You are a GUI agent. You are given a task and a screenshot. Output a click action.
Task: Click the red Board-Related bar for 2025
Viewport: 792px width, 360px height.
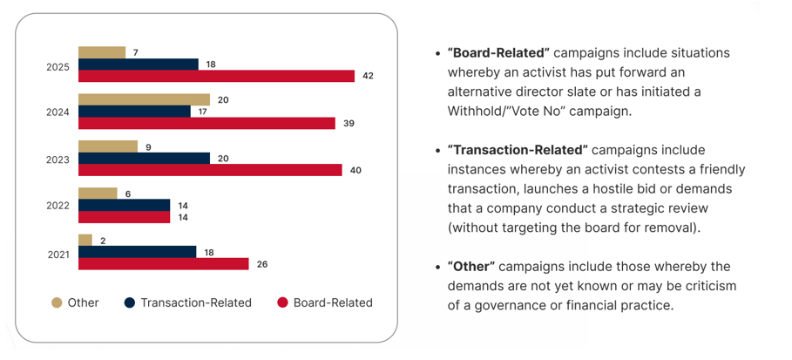point(216,77)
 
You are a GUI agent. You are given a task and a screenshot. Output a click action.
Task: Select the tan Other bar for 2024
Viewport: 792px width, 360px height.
point(144,99)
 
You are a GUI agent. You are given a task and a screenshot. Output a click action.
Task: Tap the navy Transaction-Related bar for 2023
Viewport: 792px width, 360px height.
point(144,159)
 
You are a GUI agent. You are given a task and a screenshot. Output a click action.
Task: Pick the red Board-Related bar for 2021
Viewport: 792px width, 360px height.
point(163,264)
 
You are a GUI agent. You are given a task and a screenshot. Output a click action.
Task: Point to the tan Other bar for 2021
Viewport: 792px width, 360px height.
point(85,240)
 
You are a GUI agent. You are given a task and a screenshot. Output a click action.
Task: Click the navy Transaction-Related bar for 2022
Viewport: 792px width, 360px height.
point(124,205)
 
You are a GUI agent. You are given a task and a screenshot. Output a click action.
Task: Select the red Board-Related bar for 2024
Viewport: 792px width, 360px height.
point(206,124)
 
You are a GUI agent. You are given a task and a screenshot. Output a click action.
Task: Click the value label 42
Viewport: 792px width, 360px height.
point(368,77)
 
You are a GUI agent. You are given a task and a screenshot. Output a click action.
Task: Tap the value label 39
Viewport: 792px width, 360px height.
point(349,124)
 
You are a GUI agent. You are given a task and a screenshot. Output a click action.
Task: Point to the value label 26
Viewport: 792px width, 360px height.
point(262,264)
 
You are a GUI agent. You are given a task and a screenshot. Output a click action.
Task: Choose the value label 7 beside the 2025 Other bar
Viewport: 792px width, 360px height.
point(135,52)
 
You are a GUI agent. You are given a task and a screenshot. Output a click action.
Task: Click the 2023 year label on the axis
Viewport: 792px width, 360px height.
point(58,160)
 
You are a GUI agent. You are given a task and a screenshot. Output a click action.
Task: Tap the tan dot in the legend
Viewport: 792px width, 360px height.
point(57,303)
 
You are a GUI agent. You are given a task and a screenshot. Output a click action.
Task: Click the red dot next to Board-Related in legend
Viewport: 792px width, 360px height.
point(282,303)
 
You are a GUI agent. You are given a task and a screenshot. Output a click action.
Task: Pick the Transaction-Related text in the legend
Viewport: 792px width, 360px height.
point(195,303)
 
